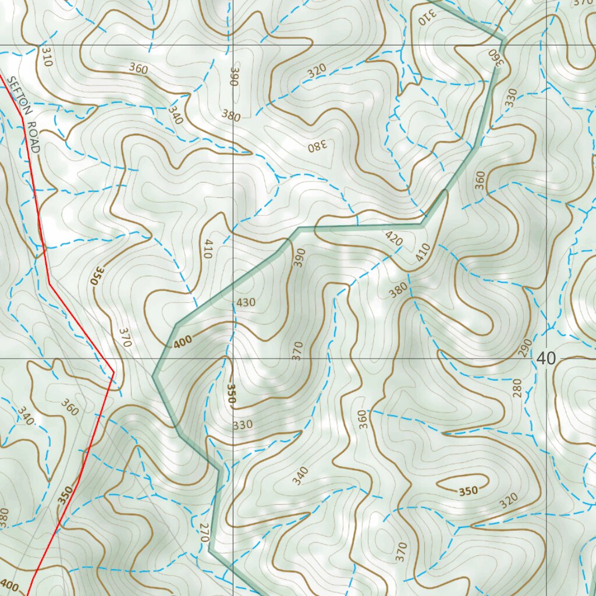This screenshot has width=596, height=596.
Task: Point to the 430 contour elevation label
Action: point(246,303)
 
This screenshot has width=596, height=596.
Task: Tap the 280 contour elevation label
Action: point(517,388)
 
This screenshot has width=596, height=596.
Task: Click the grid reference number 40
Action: point(546,359)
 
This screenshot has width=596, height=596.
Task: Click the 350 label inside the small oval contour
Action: point(468,491)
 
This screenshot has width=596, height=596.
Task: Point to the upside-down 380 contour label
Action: point(318,146)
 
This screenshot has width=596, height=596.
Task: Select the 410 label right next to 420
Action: point(423,251)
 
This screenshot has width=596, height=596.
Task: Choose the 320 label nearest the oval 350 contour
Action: point(508,501)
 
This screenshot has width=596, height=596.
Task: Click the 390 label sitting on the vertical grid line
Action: point(234,77)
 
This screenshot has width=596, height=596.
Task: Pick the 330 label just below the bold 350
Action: point(243,425)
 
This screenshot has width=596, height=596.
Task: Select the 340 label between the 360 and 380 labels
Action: point(175,115)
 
